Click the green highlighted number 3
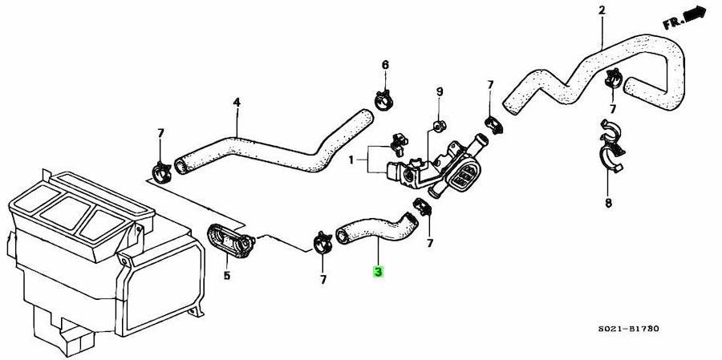click(x=378, y=272)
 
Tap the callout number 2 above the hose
click(x=602, y=10)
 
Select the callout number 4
click(x=237, y=102)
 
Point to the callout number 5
click(x=227, y=277)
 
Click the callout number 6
click(x=385, y=64)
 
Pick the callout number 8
click(x=608, y=203)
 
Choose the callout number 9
click(x=440, y=92)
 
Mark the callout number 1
click(x=351, y=160)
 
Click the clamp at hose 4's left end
click(x=161, y=169)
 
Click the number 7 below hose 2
click(x=612, y=108)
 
